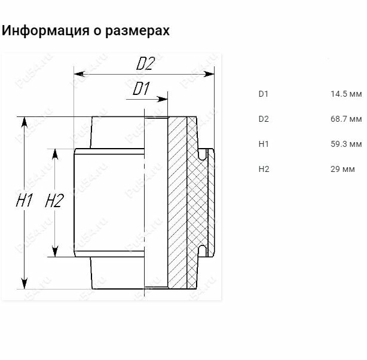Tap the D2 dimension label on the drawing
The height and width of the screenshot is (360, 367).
145,63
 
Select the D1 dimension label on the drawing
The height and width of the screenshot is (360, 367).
141,90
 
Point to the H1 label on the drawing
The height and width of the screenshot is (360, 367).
25,201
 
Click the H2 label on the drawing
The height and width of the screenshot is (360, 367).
54,201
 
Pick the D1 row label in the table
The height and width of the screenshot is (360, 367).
264,94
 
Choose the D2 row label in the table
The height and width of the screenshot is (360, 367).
264,119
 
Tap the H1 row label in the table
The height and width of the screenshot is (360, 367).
264,144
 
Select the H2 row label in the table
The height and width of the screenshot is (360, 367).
264,170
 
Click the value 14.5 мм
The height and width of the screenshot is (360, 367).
345,94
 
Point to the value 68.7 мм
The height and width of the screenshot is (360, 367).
345,119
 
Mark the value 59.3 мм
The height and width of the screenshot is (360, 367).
345,144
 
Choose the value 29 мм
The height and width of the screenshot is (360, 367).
342,170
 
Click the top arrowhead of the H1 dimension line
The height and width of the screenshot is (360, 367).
25,121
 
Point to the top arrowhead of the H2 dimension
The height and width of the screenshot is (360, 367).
54,153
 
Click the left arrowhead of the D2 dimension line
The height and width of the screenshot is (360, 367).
78,75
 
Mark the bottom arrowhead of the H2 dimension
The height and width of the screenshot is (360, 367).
54,253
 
